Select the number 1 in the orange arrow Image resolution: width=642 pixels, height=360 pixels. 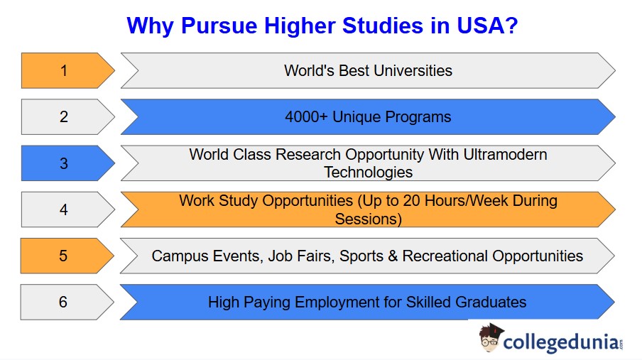click(x=64, y=70)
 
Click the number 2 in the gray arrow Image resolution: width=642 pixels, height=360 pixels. click(x=64, y=116)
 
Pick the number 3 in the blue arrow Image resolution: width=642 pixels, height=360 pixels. click(x=64, y=163)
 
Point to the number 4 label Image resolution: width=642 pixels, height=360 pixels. click(x=64, y=209)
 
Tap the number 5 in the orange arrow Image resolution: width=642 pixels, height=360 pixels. click(x=64, y=256)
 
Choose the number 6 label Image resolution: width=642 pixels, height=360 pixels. click(x=64, y=302)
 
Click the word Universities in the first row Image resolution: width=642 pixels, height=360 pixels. click(x=413, y=70)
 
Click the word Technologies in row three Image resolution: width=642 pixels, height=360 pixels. click(x=368, y=172)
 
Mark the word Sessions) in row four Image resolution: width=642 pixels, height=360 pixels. click(x=368, y=219)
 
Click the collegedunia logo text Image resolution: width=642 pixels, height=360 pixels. click(x=560, y=341)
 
